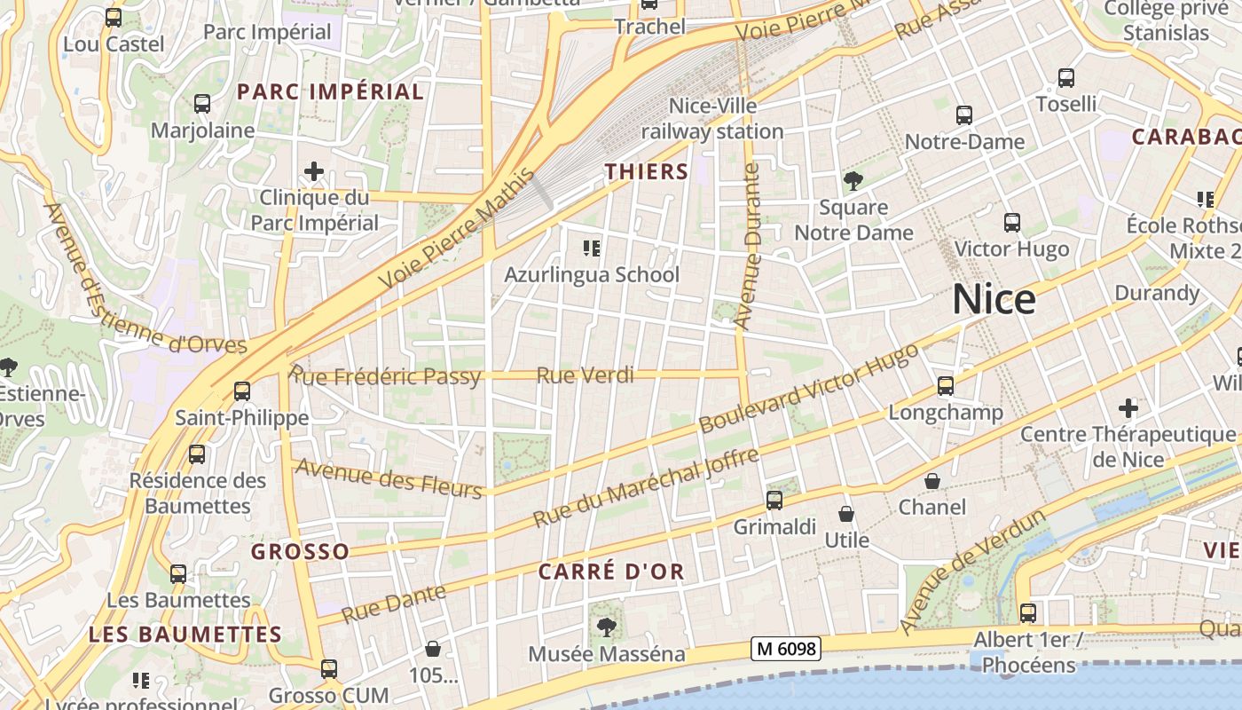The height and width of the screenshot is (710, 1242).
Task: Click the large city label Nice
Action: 994,300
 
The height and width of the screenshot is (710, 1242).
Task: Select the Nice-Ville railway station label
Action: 712,119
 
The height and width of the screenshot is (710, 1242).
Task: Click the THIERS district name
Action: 647,172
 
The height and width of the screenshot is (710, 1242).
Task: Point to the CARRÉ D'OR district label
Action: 611,572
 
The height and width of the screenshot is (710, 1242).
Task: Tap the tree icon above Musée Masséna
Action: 607,627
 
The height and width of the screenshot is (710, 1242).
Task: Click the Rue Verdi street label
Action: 585,375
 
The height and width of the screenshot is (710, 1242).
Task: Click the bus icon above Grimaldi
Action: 774,501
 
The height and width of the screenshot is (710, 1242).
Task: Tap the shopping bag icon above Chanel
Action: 932,481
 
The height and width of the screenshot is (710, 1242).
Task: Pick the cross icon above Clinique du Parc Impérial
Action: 314,170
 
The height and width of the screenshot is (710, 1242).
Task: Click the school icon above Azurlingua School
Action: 592,248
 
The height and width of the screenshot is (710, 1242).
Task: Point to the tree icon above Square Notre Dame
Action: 853,181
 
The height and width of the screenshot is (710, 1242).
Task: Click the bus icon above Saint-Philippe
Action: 241,391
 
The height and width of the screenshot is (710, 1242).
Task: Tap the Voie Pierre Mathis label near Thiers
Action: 459,228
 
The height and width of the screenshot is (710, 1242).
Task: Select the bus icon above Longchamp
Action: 946,386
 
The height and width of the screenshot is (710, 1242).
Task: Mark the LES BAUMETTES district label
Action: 185,635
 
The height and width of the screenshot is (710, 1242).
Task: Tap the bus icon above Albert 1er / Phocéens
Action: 1028,613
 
